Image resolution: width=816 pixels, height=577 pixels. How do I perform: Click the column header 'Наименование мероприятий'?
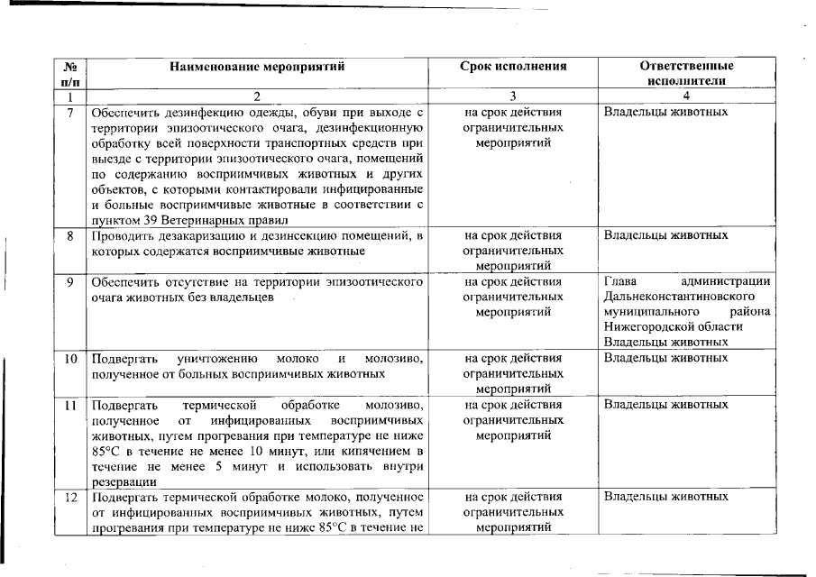coord(257,66)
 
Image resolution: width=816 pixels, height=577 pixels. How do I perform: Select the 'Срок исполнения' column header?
coord(513,66)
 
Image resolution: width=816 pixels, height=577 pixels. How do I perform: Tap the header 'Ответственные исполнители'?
coord(686,72)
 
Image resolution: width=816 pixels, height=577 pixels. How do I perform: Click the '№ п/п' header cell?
coord(70,72)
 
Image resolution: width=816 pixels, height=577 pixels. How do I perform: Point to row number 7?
coord(70,113)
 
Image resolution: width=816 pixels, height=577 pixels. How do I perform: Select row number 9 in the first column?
coord(70,282)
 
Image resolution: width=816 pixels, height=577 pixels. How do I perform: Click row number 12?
coord(70,497)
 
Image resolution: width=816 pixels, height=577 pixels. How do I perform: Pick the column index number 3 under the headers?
coord(513,96)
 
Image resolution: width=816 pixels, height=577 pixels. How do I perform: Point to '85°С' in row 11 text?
coord(105,451)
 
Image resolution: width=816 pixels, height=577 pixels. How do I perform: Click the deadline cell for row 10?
coord(513,373)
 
